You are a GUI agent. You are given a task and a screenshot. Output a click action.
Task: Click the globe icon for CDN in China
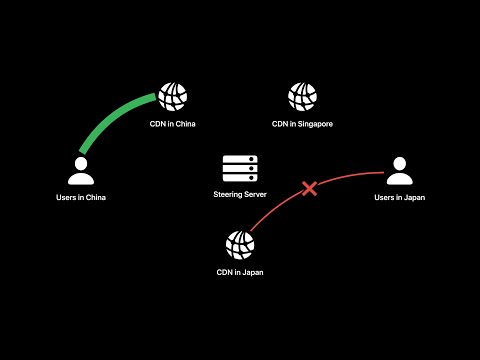click(x=173, y=96)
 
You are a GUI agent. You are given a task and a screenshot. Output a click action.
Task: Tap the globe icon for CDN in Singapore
click(x=302, y=96)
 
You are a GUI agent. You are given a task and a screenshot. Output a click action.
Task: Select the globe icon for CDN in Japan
click(x=240, y=243)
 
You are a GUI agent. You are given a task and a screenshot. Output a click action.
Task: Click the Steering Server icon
click(x=240, y=168)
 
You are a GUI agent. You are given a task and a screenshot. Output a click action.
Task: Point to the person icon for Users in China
click(x=81, y=172)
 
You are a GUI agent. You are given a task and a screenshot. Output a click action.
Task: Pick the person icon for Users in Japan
click(x=400, y=172)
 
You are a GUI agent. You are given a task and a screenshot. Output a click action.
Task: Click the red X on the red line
click(x=310, y=188)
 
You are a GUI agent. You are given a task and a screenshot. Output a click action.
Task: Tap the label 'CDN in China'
click(x=173, y=124)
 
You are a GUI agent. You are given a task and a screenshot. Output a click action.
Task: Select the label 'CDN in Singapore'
click(x=302, y=124)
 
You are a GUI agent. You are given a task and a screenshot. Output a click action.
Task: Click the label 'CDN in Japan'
click(x=240, y=272)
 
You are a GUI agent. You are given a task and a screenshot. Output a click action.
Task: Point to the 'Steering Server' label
click(x=240, y=193)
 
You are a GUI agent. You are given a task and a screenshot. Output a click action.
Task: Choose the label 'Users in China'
click(x=81, y=198)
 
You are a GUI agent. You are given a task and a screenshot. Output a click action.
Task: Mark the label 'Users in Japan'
click(x=400, y=198)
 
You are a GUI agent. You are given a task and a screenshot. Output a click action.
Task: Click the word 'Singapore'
click(x=314, y=124)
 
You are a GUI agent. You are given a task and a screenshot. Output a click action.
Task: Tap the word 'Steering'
click(x=229, y=193)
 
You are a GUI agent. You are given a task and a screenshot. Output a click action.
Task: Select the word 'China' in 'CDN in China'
click(x=186, y=124)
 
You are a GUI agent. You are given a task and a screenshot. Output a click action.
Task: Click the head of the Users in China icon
click(x=81, y=163)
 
